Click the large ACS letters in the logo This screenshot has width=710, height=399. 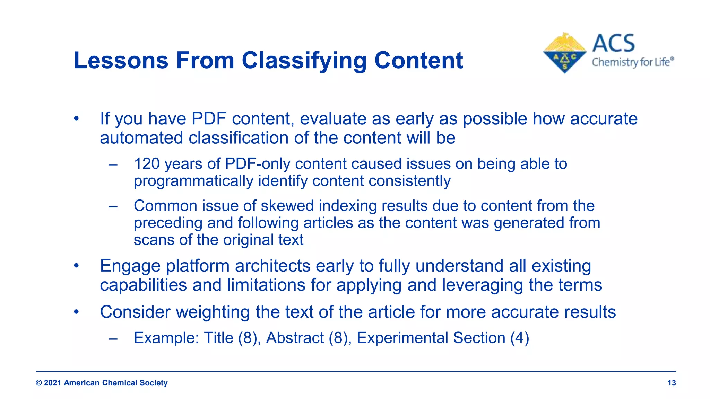coord(613,44)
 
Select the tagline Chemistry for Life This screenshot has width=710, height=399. coord(632,62)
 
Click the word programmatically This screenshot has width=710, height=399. coord(193,181)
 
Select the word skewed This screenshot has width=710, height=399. coord(287,206)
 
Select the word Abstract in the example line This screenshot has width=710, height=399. coord(295,338)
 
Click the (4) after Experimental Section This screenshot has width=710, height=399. coord(519,338)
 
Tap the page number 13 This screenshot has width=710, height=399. coord(672,383)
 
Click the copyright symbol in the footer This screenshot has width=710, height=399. coord(39,383)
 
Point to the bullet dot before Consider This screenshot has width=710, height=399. coord(77,312)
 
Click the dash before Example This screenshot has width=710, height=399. coord(113,338)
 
